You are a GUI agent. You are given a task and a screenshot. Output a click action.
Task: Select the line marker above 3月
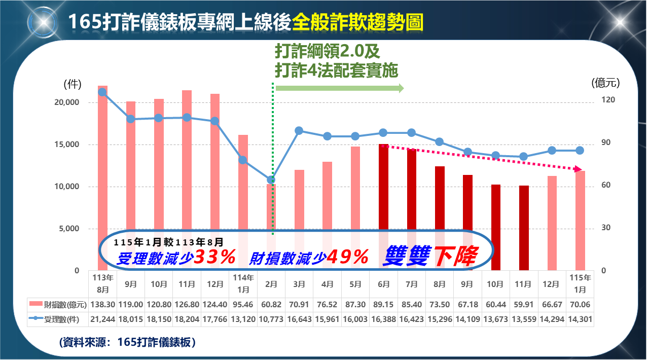(299, 131)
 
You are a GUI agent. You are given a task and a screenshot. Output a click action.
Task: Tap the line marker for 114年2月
(271, 179)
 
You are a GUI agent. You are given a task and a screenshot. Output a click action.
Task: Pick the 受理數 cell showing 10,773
(271, 319)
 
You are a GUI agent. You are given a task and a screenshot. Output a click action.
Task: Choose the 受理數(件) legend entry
(58, 319)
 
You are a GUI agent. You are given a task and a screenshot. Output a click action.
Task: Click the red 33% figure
(215, 258)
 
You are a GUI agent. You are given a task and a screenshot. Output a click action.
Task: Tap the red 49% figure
(347, 258)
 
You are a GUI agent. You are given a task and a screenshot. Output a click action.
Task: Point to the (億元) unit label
(605, 83)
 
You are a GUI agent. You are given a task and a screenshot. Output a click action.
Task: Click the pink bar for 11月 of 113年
(187, 152)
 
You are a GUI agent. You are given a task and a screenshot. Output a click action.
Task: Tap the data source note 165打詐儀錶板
(128, 342)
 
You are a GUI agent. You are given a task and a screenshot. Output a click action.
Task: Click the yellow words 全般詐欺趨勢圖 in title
(357, 23)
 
